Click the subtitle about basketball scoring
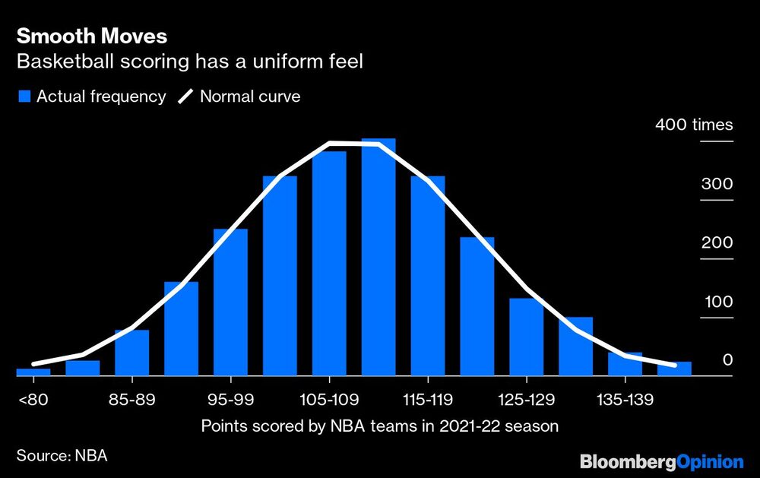[x=190, y=62]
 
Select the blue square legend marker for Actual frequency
[x=24, y=97]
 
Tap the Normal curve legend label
[x=250, y=97]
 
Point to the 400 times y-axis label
[x=694, y=125]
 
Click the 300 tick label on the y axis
[x=717, y=184]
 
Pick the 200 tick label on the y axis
[x=717, y=242]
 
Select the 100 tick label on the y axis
[x=717, y=302]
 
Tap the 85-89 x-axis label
[x=131, y=398]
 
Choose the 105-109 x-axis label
[x=329, y=398]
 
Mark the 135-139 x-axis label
[x=625, y=398]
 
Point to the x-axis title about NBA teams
[x=379, y=426]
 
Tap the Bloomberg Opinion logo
[x=660, y=461]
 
